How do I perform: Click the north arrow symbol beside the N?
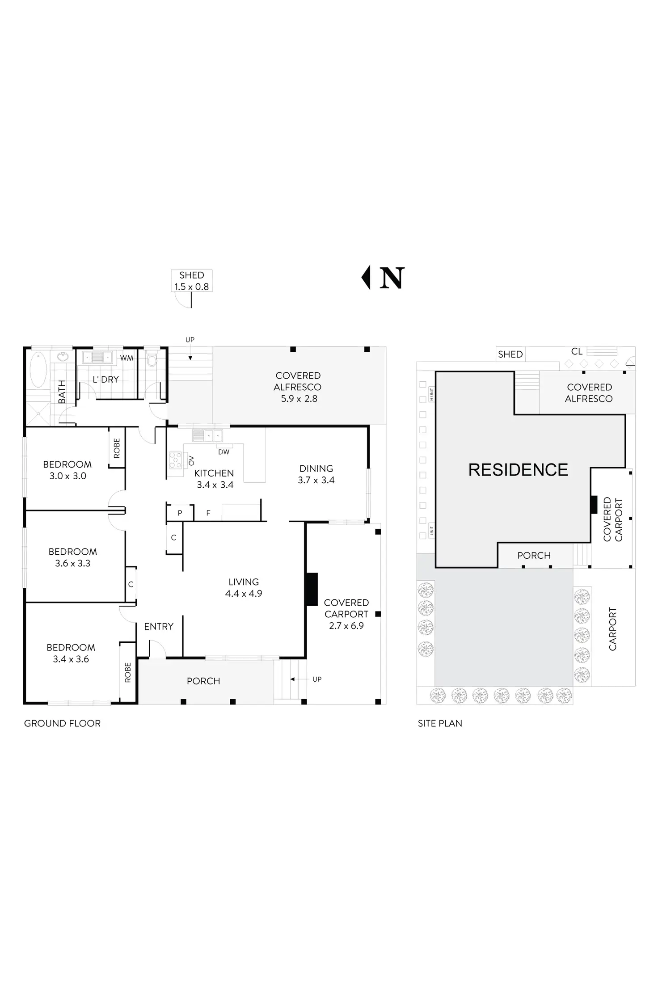[366, 278]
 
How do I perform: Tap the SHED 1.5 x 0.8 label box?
[192, 281]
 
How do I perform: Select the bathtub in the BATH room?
[38, 370]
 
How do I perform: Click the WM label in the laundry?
[127, 358]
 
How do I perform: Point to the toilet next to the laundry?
[152, 359]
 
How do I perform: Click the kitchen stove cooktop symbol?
[176, 460]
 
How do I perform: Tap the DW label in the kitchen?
[224, 452]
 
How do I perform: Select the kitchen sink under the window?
[207, 435]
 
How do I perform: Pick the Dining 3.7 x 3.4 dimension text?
[316, 480]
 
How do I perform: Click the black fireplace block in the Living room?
[312, 589]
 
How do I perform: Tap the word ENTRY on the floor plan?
[159, 627]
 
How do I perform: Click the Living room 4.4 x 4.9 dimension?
[244, 594]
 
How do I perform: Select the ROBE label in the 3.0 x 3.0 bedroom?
[117, 448]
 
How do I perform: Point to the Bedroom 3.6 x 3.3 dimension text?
[73, 563]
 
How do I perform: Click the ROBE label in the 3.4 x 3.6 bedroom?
[128, 672]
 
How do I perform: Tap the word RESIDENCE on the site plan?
[518, 470]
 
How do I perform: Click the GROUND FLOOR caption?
[62, 723]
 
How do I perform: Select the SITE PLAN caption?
[440, 723]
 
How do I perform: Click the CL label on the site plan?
[577, 352]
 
